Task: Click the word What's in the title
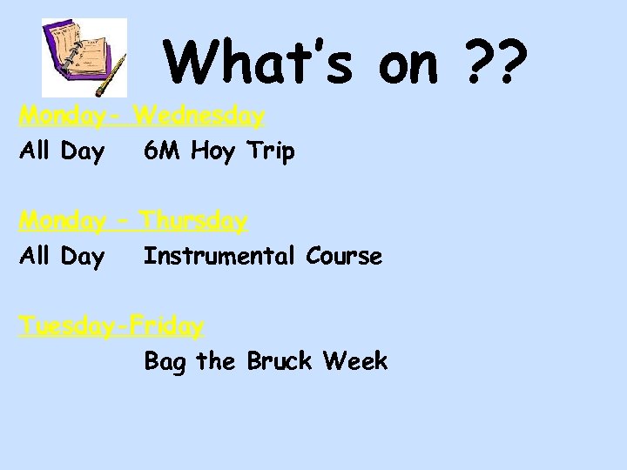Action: pos(261,63)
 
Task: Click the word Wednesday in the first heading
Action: pos(200,115)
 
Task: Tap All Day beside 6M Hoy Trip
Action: pos(61,152)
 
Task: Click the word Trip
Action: pos(270,152)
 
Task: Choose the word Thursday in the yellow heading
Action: pos(193,221)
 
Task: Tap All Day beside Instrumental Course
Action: pos(61,258)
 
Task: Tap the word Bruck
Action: pos(280,361)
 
